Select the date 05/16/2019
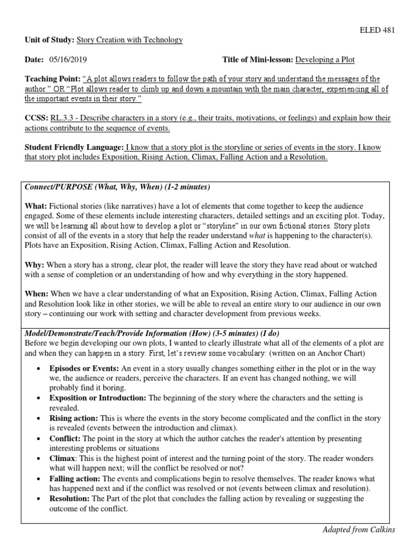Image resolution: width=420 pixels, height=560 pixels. tap(68, 59)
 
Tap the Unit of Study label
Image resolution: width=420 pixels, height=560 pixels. tap(48, 40)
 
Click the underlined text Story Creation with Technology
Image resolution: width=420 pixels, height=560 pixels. tap(130, 40)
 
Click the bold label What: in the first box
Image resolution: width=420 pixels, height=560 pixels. tap(36, 206)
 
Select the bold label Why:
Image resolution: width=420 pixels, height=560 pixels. tap(35, 264)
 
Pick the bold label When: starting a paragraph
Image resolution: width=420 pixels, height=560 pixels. tap(37, 294)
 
